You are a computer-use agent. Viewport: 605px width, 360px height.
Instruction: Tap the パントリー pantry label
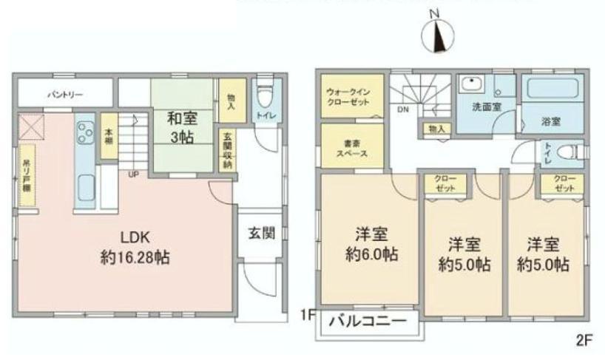(x=66, y=95)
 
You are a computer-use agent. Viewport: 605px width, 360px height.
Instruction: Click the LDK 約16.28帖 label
(x=136, y=248)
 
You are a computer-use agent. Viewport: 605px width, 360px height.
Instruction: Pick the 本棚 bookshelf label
(x=109, y=137)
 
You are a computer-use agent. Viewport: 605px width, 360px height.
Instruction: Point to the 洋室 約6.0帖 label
(x=370, y=245)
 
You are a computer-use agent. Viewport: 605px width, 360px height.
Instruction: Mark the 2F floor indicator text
(x=584, y=341)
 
